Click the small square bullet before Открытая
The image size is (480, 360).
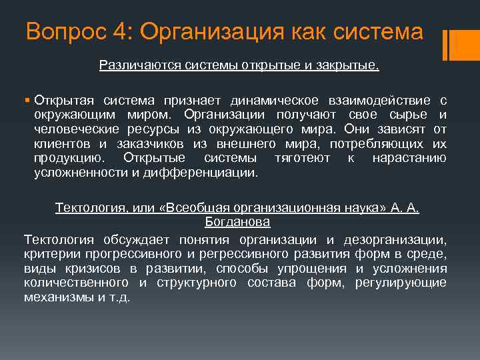pos(27,101)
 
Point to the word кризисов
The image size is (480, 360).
pos(107,268)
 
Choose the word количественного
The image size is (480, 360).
pos(77,283)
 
